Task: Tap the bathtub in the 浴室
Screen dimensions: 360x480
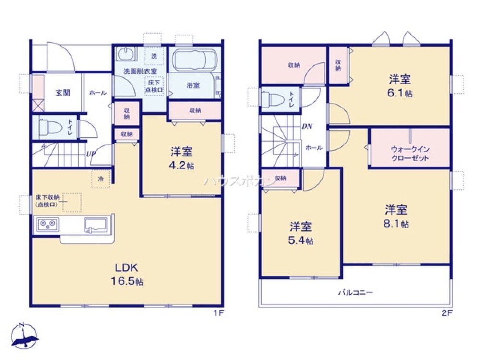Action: pos(193,61)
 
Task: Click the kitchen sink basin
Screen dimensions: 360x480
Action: pos(96,224)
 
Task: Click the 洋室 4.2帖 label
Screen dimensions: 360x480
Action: pos(182,158)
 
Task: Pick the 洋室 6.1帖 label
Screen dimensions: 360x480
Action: pos(400,85)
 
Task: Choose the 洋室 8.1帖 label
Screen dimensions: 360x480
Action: pos(396,216)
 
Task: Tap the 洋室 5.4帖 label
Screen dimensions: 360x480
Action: pos(301,233)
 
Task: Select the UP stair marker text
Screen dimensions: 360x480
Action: pos(90,155)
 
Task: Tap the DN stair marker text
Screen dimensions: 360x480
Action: pos(307,127)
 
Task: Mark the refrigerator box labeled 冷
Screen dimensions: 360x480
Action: pos(101,179)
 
